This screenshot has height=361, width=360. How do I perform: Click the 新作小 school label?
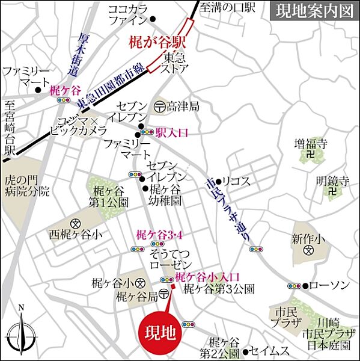(308, 239)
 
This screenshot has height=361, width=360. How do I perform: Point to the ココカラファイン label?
(127, 14)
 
